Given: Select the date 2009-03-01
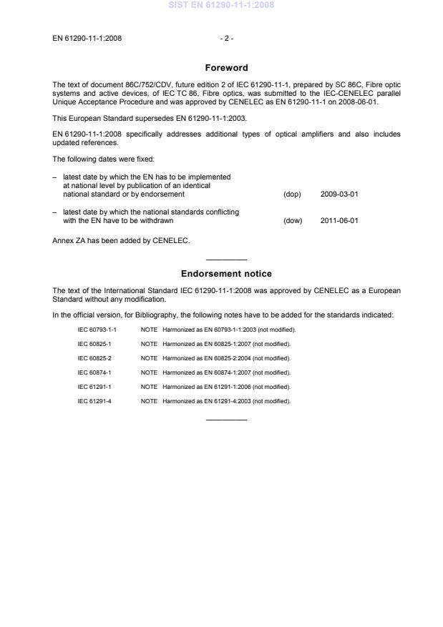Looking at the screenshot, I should click(x=340, y=194).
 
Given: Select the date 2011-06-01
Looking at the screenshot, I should click(x=340, y=220).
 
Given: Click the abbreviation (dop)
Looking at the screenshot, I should click(x=292, y=194).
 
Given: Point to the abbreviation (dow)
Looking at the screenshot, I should click(x=293, y=220).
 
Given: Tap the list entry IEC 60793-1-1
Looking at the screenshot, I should click(x=97, y=330).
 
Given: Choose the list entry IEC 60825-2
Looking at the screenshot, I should click(x=94, y=358).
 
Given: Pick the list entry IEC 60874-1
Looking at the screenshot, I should click(x=94, y=372).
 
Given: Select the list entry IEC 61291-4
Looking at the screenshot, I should click(x=94, y=401).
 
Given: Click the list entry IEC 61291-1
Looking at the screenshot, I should click(x=94, y=387).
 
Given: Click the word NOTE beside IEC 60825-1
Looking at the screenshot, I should click(x=149, y=344).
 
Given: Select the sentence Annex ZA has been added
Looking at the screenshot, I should click(x=120, y=240).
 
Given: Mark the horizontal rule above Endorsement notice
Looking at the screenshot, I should click(x=226, y=259).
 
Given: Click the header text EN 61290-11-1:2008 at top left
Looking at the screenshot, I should click(x=87, y=38).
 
